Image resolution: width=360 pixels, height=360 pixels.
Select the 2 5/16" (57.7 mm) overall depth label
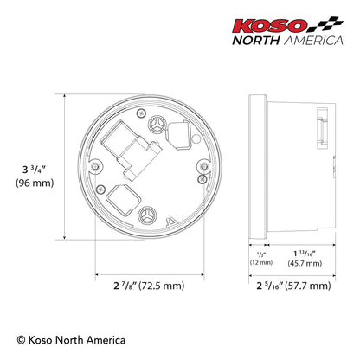[x=292, y=285]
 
